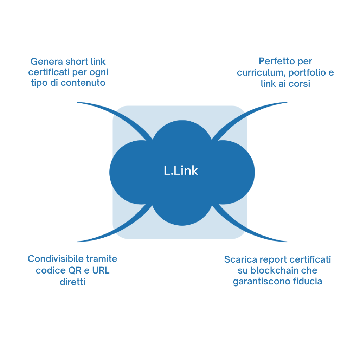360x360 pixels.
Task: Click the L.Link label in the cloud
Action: (x=181, y=171)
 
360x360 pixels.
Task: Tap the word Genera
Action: (x=47, y=62)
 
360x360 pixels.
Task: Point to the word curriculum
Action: (x=261, y=72)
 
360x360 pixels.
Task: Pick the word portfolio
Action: (x=307, y=72)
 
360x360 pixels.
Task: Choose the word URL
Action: (x=101, y=270)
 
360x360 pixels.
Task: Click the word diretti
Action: (x=72, y=282)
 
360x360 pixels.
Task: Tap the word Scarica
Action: (x=240, y=259)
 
